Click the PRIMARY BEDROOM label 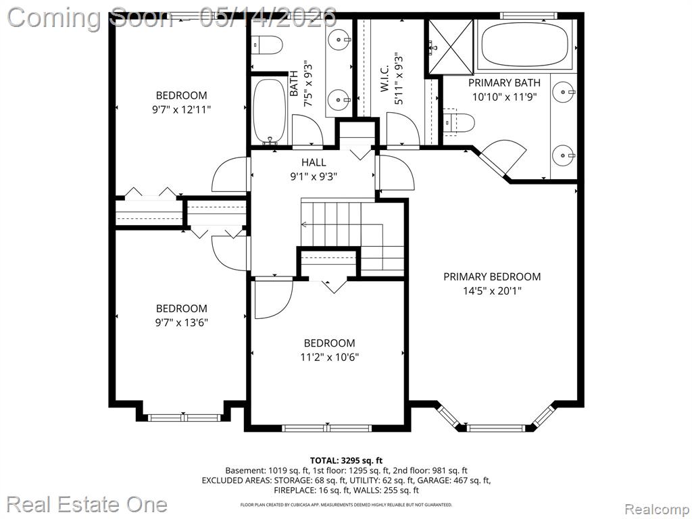coord(492,276)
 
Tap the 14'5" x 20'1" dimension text coord(492,291)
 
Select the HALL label coord(314,162)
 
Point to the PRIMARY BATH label coord(504,82)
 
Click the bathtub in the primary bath coord(524,44)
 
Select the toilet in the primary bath coord(459,122)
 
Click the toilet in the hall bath coord(267,45)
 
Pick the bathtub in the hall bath coord(270,110)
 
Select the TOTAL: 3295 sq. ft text coord(346,461)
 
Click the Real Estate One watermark coord(87,504)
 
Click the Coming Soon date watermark coord(172,17)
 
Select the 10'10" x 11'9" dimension coord(504,97)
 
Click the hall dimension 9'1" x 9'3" coord(314,176)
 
